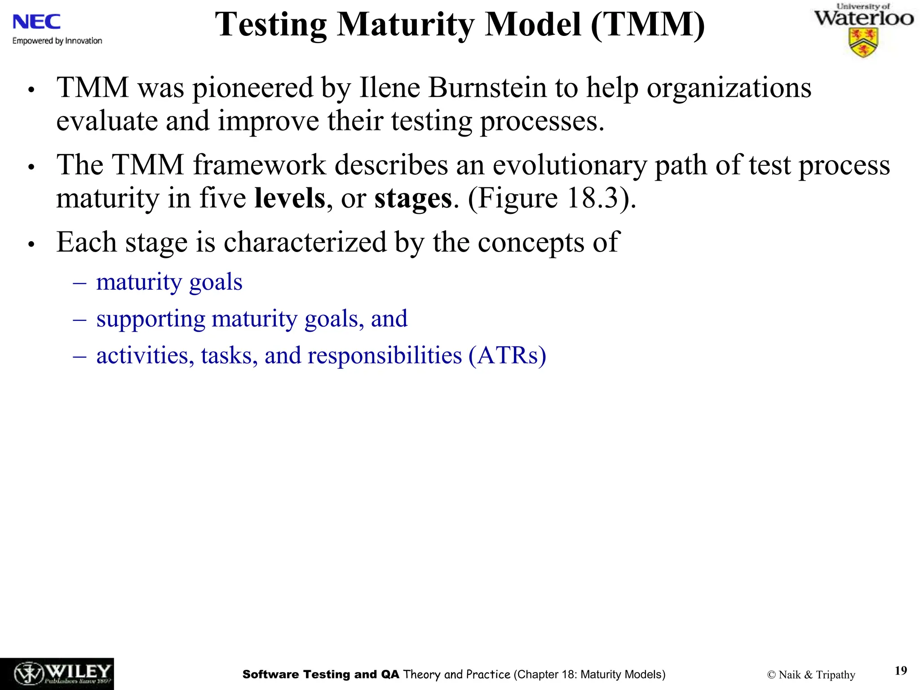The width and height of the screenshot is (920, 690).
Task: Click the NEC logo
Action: [36, 22]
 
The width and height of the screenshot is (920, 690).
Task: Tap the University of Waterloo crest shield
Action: [863, 43]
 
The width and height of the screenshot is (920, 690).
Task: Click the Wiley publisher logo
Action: [57, 674]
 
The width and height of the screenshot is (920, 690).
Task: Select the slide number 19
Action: [901, 671]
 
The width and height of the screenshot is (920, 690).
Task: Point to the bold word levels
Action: [290, 198]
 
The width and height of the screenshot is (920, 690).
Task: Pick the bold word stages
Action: [413, 198]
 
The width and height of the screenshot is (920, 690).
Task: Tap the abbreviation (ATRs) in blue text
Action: [507, 355]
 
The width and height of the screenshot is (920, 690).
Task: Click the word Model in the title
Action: [533, 24]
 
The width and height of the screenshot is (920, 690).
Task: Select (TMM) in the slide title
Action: [647, 24]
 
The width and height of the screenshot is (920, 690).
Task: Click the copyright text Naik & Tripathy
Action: [811, 675]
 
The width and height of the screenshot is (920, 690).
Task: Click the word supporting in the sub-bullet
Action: [150, 319]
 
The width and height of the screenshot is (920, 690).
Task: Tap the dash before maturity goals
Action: [80, 283]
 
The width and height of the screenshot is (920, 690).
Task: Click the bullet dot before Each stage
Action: [31, 244]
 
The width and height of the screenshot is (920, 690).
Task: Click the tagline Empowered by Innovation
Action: [57, 41]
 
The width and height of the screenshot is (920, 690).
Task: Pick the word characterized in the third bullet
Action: [305, 242]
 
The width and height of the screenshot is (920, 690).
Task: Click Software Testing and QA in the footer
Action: [320, 674]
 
